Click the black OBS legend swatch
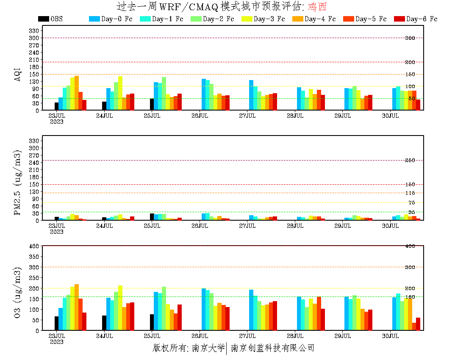(x=43, y=19)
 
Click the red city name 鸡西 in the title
(x=318, y=7)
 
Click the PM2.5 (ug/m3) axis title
(x=18, y=182)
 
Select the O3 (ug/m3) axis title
(x=18, y=292)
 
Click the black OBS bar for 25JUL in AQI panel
(x=152, y=104)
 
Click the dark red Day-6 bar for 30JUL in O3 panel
(x=418, y=324)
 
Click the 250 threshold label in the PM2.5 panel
(x=410, y=161)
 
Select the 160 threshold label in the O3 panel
(x=410, y=296)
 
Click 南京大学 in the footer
(x=208, y=348)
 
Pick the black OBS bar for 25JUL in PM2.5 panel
(x=152, y=216)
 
